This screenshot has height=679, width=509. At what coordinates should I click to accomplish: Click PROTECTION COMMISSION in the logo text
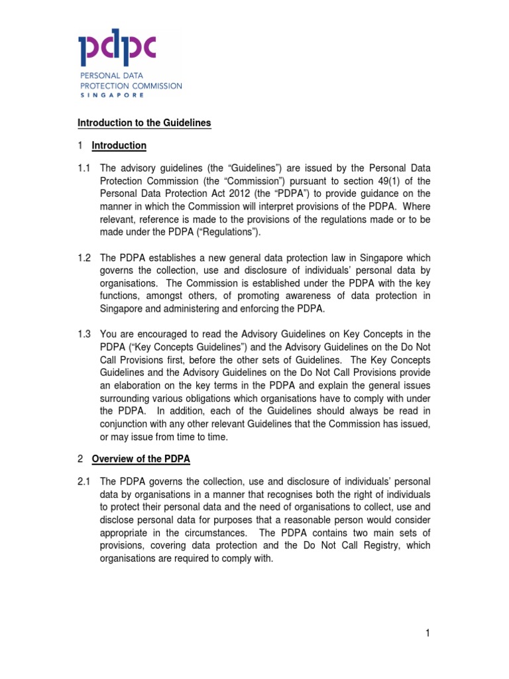click(x=130, y=86)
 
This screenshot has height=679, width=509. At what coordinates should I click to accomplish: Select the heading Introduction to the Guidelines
click(x=144, y=123)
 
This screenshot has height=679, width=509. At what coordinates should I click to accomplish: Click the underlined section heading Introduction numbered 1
click(x=119, y=145)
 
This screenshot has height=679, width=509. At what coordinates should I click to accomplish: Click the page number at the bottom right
click(x=428, y=634)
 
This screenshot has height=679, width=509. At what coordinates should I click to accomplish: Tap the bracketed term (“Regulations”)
click(x=226, y=231)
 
